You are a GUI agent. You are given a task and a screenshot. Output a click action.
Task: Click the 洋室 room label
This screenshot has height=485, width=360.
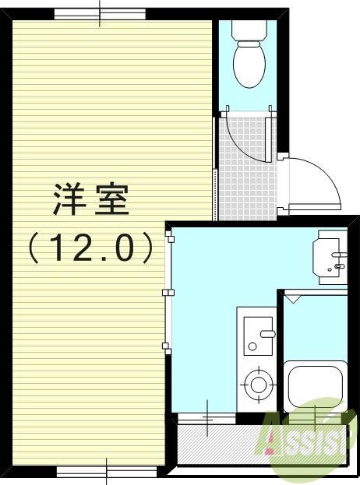(x=90, y=201)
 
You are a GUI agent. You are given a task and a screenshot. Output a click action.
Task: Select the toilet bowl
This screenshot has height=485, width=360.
(x=249, y=64)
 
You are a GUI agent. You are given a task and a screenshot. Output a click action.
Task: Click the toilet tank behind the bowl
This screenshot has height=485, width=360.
(x=249, y=30)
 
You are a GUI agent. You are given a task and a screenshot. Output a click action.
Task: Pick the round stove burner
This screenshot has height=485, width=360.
(x=256, y=383)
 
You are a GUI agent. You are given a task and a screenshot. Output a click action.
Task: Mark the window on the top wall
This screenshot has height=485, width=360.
(x=100, y=14)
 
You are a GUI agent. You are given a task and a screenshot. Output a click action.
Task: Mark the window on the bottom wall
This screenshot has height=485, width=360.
(x=106, y=471)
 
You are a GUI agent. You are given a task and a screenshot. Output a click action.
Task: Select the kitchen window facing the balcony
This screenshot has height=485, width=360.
(x=206, y=418)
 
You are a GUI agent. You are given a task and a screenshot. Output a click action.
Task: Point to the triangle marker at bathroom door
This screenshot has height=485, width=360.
(x=292, y=297)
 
